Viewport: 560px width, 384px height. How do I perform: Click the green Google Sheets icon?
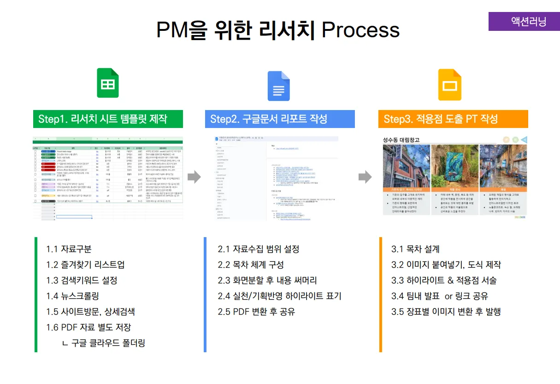point(108,83)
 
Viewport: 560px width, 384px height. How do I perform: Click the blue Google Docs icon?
point(278,86)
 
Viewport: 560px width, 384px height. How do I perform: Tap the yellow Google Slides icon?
point(449,85)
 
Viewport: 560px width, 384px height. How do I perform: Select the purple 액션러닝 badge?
point(524,21)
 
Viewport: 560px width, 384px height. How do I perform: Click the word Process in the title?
point(360,30)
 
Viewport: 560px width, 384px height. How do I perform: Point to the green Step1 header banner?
point(108,119)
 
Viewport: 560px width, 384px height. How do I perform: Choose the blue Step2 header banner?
point(280,119)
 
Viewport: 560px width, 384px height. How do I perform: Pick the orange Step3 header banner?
point(453,119)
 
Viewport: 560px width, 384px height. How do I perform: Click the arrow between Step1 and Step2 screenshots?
point(195,176)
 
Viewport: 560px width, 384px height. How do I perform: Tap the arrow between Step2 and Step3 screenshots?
point(365,176)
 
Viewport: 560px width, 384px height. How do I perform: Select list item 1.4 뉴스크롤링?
point(72,296)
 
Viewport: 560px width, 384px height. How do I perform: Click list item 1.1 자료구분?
point(69,249)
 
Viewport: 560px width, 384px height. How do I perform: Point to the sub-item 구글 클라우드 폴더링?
point(104,343)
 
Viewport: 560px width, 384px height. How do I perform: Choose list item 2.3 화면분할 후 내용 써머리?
point(267,280)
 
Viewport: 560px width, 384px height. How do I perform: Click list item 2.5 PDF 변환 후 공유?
point(256,312)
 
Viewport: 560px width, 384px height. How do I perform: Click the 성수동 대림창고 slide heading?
point(401,140)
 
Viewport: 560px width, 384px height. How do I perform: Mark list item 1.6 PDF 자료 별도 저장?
point(88,327)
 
